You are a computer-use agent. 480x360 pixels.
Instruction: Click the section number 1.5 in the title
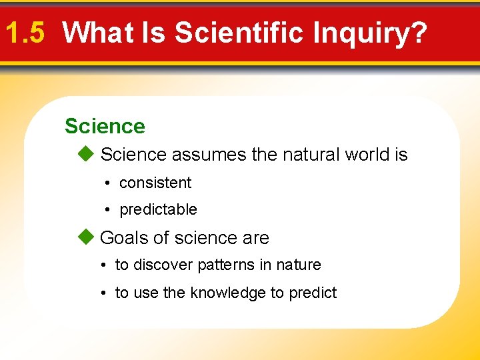[x=25, y=33]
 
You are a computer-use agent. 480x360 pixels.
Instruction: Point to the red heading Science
[x=105, y=126]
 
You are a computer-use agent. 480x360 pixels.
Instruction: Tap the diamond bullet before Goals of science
[x=85, y=237]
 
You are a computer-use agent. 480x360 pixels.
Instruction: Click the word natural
[x=312, y=155]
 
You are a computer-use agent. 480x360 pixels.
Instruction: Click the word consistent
[x=155, y=183]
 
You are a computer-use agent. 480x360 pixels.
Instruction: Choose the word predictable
[x=158, y=209]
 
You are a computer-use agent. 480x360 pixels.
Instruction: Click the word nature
[x=298, y=265]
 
